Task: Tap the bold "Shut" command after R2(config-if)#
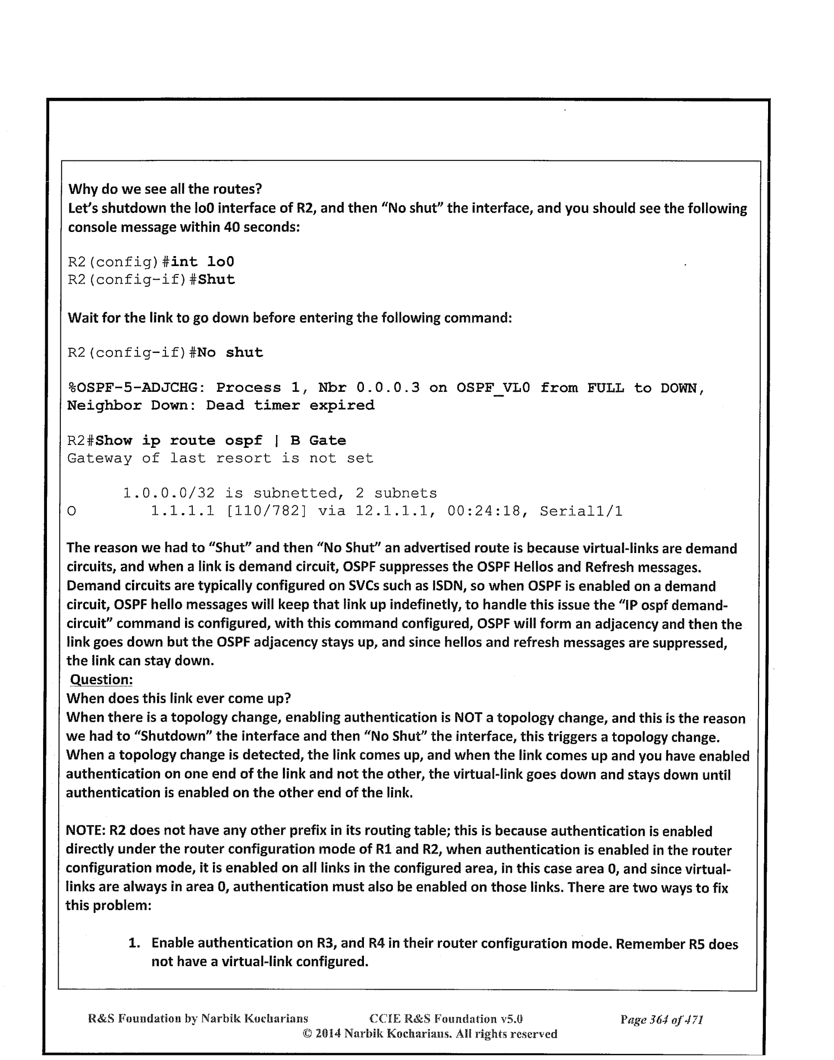[216, 280]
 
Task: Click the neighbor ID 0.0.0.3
[388, 388]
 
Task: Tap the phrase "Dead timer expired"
[290, 405]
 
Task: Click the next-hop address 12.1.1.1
[396, 511]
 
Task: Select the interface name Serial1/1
[581, 511]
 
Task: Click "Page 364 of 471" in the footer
[661, 1020]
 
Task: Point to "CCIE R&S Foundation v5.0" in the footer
[446, 1019]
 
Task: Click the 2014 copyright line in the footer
[430, 1034]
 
